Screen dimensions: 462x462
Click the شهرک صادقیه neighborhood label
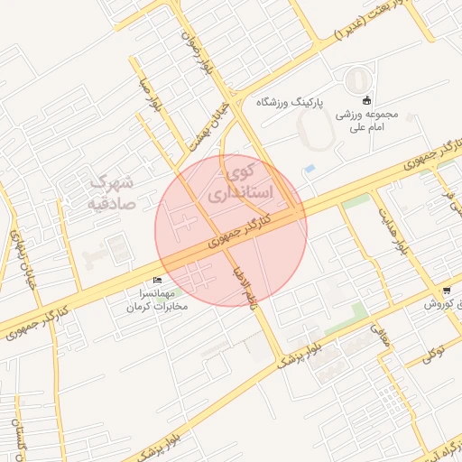111,191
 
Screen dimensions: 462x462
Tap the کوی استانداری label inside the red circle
232,181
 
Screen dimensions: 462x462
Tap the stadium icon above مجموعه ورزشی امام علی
365,100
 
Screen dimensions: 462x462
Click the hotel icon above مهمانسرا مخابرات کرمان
159,281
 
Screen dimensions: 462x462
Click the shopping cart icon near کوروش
447,291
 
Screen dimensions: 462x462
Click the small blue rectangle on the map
310,169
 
